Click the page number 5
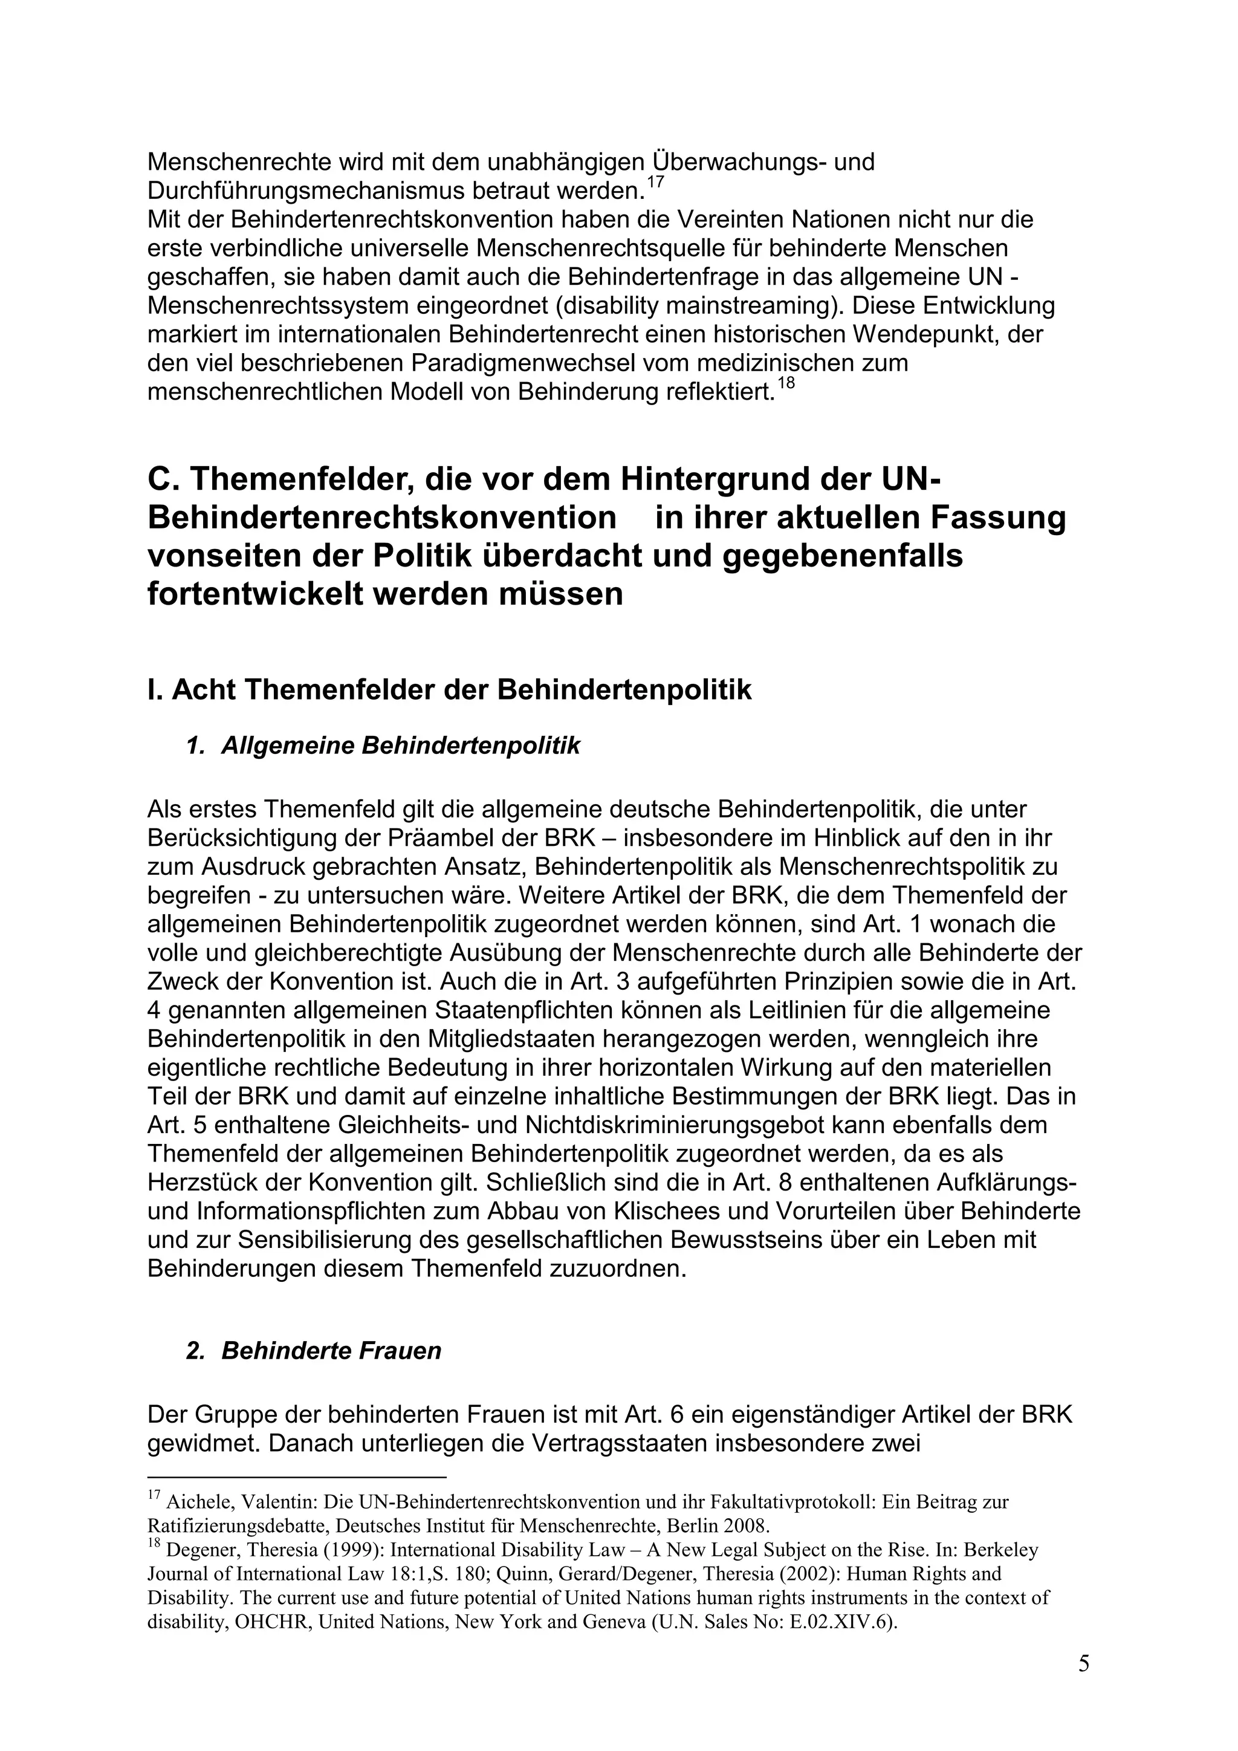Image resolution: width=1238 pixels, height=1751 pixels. (1083, 1663)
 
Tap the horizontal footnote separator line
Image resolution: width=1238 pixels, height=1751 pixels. (296, 1477)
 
